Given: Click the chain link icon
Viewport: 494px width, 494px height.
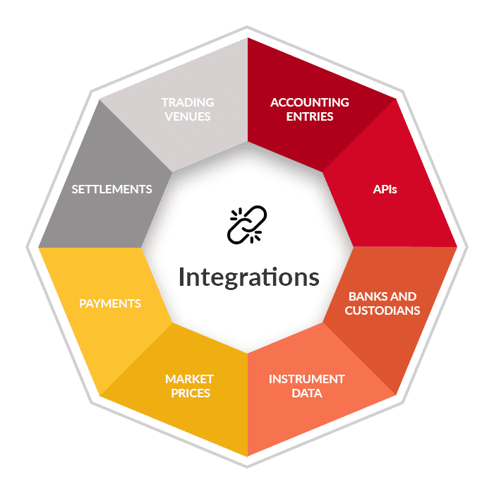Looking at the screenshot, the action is (x=247, y=224).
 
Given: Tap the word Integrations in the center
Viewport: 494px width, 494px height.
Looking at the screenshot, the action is (x=249, y=277).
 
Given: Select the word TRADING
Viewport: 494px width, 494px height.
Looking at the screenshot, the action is (x=188, y=102).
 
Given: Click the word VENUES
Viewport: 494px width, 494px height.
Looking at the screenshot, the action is (x=188, y=116).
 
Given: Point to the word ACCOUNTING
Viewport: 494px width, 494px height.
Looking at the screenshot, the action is (x=310, y=102).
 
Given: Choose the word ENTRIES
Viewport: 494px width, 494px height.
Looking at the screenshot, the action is (x=310, y=116).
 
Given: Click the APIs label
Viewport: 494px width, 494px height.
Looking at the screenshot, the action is (x=385, y=189).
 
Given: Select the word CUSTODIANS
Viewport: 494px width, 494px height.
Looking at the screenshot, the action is (x=382, y=311).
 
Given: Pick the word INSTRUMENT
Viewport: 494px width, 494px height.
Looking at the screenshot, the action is (x=306, y=379).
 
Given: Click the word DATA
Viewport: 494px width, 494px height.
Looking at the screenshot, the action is (x=306, y=393).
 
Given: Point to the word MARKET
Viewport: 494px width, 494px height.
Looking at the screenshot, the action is (x=189, y=379).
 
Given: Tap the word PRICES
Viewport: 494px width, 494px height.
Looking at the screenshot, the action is (x=191, y=393).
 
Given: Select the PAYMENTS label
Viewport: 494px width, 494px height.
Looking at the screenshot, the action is (x=110, y=303).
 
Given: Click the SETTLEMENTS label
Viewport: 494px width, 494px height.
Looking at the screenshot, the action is (x=112, y=189).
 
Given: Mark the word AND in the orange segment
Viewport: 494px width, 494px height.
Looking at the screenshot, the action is (x=404, y=296).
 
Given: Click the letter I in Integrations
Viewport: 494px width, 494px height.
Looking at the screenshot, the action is (x=181, y=277).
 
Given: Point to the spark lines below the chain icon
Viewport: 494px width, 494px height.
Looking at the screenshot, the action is (x=255, y=236).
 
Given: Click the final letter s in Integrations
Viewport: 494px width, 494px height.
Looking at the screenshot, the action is (x=314, y=279).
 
